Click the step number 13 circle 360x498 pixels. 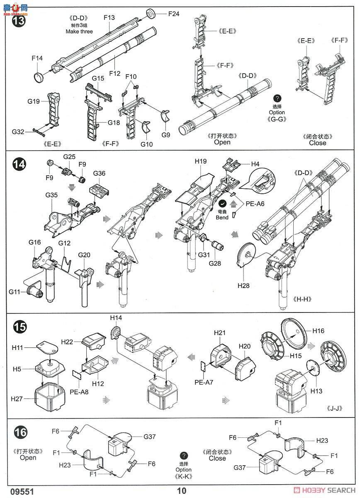click(19, 20)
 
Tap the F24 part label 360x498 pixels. click(174, 14)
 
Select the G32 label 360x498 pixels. click(18, 132)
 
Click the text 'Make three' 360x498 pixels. click(79, 32)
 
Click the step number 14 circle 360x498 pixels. click(19, 165)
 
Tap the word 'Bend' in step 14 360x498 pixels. click(222, 217)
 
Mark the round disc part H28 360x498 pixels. click(247, 255)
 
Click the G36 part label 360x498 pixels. click(100, 173)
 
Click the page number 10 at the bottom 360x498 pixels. click(182, 491)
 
